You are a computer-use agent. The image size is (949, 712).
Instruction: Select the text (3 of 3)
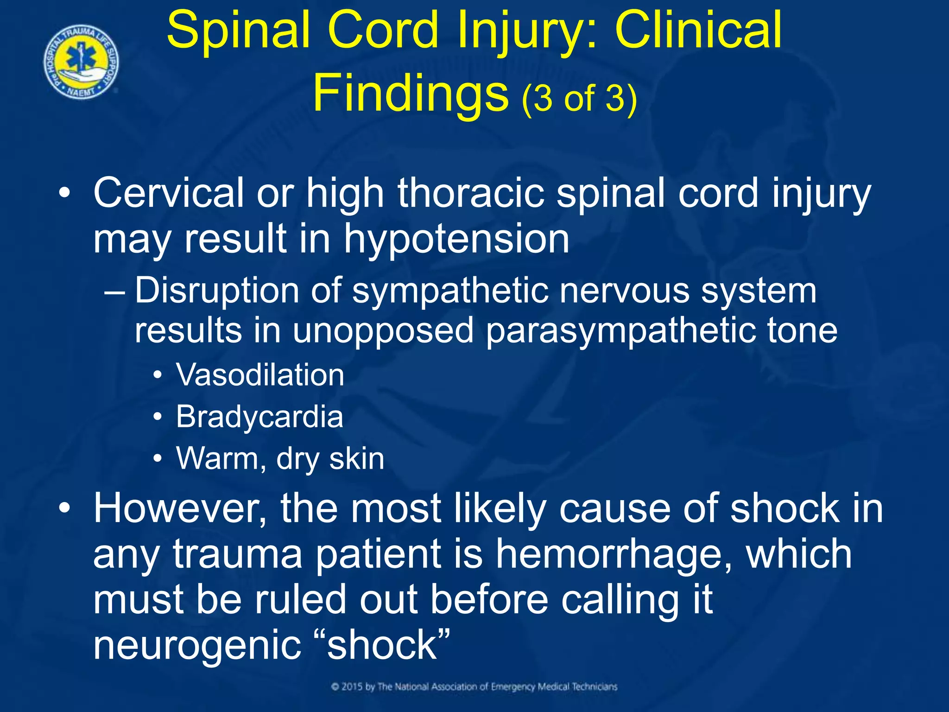579,98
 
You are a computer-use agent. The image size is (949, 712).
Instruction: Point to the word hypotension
456,239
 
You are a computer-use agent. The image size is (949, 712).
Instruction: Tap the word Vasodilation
260,375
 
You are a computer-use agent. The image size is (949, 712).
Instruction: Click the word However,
180,509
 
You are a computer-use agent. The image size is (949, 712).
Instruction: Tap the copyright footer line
474,687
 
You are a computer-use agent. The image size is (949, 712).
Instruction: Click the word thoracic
471,193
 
